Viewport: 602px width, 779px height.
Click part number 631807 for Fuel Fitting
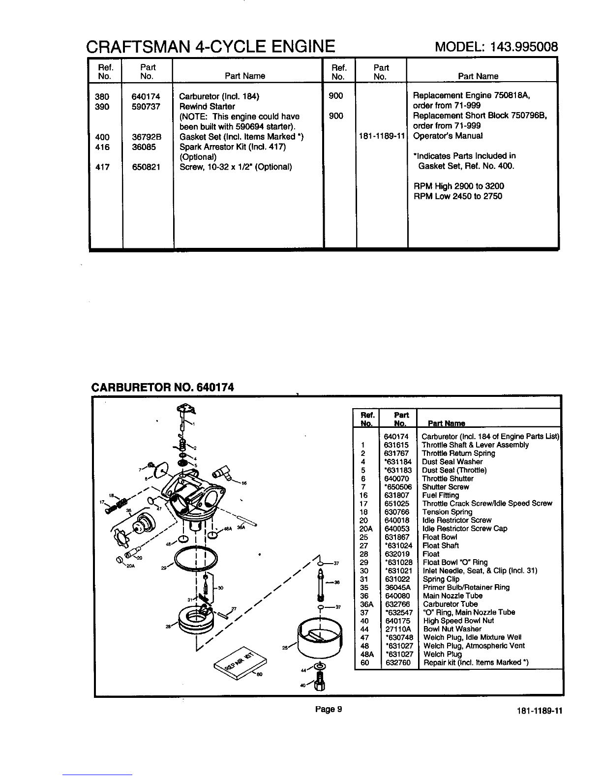click(x=396, y=495)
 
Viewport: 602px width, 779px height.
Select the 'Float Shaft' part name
click(x=440, y=545)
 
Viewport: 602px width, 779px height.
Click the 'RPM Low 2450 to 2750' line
click(x=457, y=196)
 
